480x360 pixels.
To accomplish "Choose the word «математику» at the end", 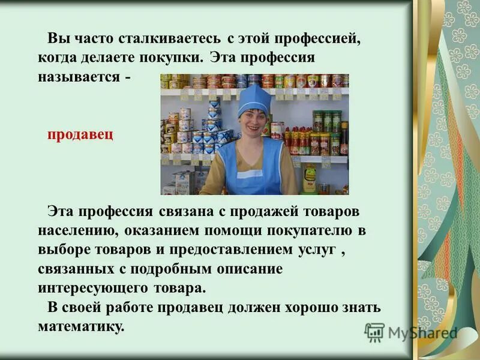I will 79,327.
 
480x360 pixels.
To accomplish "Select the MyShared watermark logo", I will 411,332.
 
